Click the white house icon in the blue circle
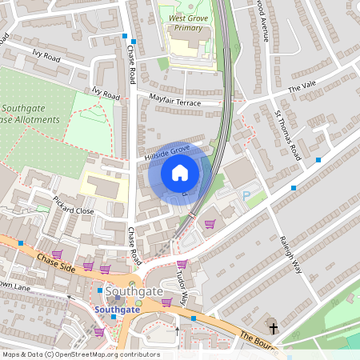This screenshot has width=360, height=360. coord(180,173)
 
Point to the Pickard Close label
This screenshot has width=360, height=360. coord(74,205)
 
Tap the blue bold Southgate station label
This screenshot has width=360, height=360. coord(118,309)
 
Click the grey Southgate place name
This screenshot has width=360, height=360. coord(119,292)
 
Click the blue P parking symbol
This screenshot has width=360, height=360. coord(246,195)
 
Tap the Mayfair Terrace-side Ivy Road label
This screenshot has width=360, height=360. coord(106,94)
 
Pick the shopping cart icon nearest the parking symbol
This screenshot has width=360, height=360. coord(210,224)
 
